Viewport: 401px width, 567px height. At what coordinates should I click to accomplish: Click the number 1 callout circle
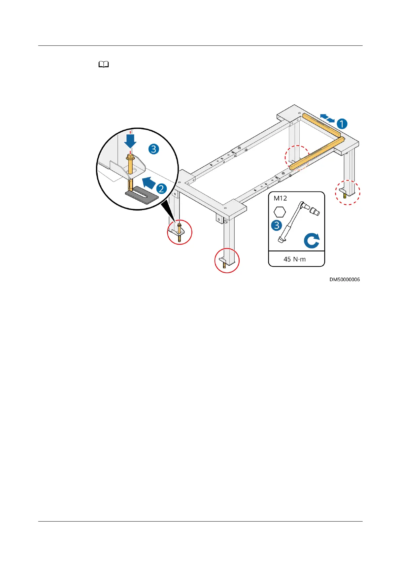tap(342, 124)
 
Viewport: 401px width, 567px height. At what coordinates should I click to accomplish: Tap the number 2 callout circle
tap(161, 189)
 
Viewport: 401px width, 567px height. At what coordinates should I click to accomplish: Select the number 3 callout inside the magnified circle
tap(154, 149)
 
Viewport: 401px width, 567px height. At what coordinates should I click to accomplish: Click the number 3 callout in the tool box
tap(277, 225)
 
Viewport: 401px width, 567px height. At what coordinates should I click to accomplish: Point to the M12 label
tap(280, 198)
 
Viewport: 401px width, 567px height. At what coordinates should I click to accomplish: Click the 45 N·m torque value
tap(295, 259)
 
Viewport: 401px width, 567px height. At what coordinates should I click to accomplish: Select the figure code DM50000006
tap(344, 279)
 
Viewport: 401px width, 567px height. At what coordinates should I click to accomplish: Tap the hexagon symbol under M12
tap(280, 212)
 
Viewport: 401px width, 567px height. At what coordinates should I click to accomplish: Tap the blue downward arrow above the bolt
tap(130, 141)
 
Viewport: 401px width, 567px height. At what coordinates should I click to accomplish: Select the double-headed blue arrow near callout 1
tap(327, 118)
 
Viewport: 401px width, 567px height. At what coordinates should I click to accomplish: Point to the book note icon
tap(104, 65)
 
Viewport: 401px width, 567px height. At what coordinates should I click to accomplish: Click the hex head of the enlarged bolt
tap(130, 157)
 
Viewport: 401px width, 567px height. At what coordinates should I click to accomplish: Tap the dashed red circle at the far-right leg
tap(347, 192)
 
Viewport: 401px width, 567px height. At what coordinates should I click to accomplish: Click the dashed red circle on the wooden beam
tap(297, 158)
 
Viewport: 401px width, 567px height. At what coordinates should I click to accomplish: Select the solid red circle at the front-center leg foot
tap(227, 260)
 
